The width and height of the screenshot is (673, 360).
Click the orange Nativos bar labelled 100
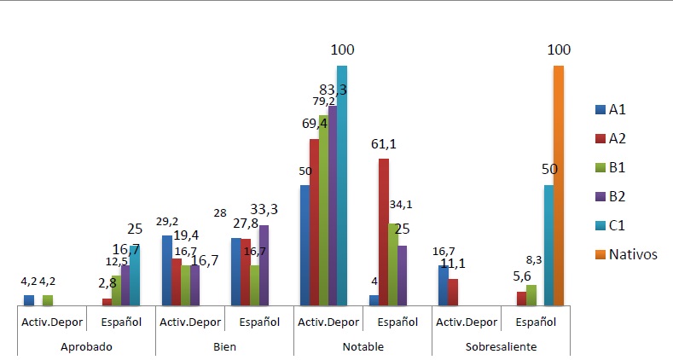point(559,186)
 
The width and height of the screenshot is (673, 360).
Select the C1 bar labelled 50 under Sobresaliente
point(548,246)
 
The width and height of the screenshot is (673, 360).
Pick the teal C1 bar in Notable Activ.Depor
point(342,186)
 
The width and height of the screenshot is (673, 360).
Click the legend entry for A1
point(614,109)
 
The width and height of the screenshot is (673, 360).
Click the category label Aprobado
point(86,347)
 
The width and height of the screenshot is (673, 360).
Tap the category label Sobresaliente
point(502,347)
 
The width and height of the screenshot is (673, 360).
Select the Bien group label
point(224,347)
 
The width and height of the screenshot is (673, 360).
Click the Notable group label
point(363,347)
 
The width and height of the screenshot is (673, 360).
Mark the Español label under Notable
point(398,322)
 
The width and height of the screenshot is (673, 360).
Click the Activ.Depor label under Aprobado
point(51,322)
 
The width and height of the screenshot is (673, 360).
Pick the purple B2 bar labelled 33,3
point(263,265)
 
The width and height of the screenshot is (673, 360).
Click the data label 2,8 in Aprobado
point(107,282)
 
